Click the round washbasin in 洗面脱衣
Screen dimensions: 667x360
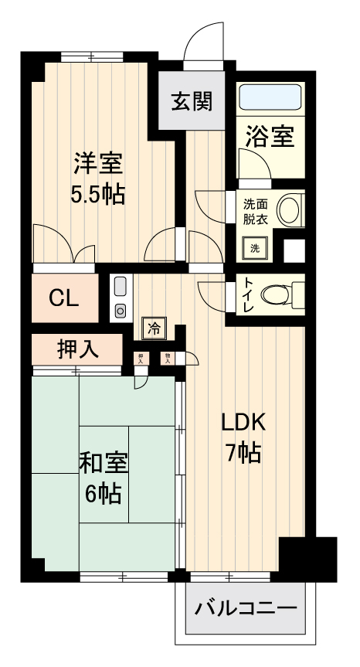coord(289,210)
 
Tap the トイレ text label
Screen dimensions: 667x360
coord(250,294)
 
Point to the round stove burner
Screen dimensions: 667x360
coord(121,311)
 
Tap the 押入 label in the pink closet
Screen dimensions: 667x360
coord(77,349)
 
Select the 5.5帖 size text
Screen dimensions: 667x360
coord(97,194)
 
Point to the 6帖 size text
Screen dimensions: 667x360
coord(103,492)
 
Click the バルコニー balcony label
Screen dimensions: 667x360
coord(245,608)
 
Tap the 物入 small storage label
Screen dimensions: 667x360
coord(167,358)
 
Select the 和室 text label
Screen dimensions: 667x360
coord(103,463)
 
